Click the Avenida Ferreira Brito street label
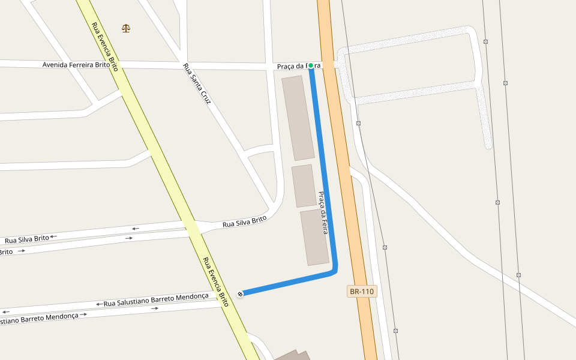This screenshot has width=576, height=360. click(76, 65)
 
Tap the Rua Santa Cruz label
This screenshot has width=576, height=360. click(197, 84)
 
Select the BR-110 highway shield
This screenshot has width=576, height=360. click(362, 292)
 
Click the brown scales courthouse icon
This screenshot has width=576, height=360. click(125, 28)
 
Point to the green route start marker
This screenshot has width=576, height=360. click(311, 65)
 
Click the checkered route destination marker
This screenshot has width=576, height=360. click(240, 293)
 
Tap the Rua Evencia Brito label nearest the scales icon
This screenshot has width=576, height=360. click(104, 47)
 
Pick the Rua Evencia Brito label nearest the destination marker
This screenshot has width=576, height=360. click(216, 281)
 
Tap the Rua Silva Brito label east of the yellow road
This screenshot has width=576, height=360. click(244, 222)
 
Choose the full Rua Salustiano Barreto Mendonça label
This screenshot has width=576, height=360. click(156, 296)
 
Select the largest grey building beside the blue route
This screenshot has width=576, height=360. click(298, 118)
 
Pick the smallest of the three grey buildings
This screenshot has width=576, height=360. click(304, 186)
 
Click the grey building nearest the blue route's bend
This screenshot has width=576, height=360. click(314, 238)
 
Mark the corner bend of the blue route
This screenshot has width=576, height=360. click(335, 271)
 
